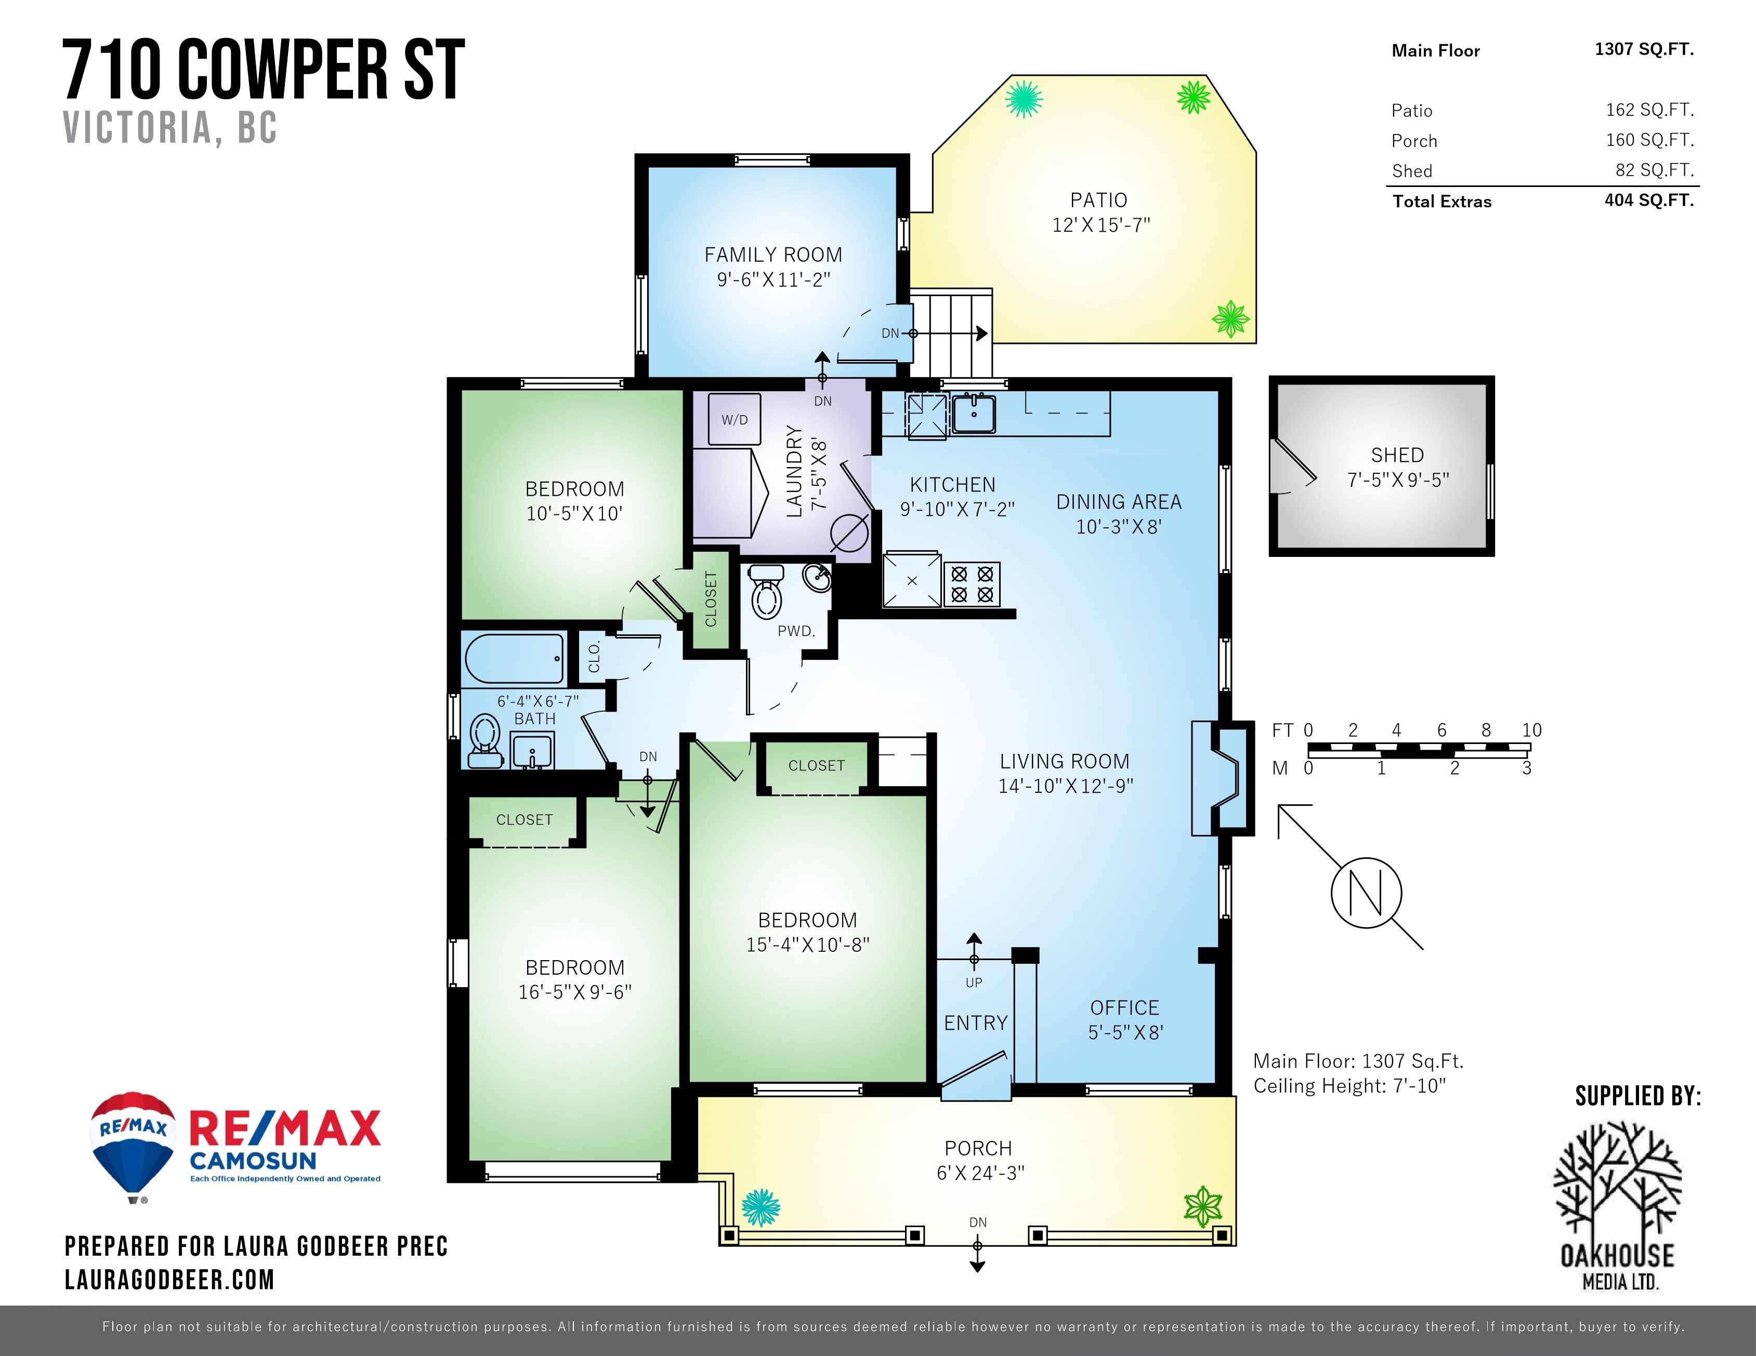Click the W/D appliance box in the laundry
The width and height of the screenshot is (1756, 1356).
pyautogui.click(x=734, y=420)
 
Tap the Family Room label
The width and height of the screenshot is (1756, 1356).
pyautogui.click(x=774, y=255)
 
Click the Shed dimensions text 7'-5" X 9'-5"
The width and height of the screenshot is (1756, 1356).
pyautogui.click(x=1398, y=480)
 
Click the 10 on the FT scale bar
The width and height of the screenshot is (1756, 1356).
pyautogui.click(x=1531, y=730)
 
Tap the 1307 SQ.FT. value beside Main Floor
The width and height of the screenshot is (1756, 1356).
pyautogui.click(x=1644, y=49)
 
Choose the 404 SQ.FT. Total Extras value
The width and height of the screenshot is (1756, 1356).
pyautogui.click(x=1649, y=200)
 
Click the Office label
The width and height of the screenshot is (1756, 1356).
pyautogui.click(x=1125, y=1008)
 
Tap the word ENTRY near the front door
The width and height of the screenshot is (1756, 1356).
pyautogui.click(x=975, y=1023)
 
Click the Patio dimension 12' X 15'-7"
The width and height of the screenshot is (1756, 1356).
pyautogui.click(x=1100, y=225)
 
